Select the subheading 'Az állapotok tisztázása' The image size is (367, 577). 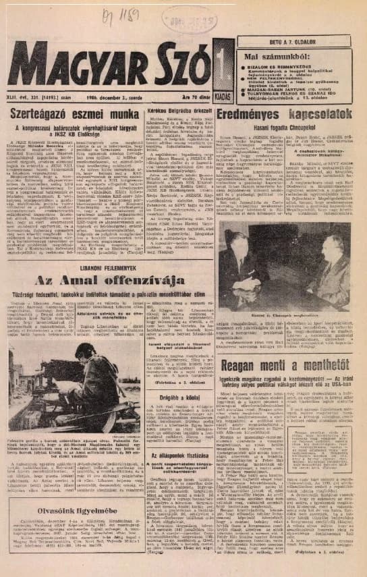pyautogui.click(x=185, y=454)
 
